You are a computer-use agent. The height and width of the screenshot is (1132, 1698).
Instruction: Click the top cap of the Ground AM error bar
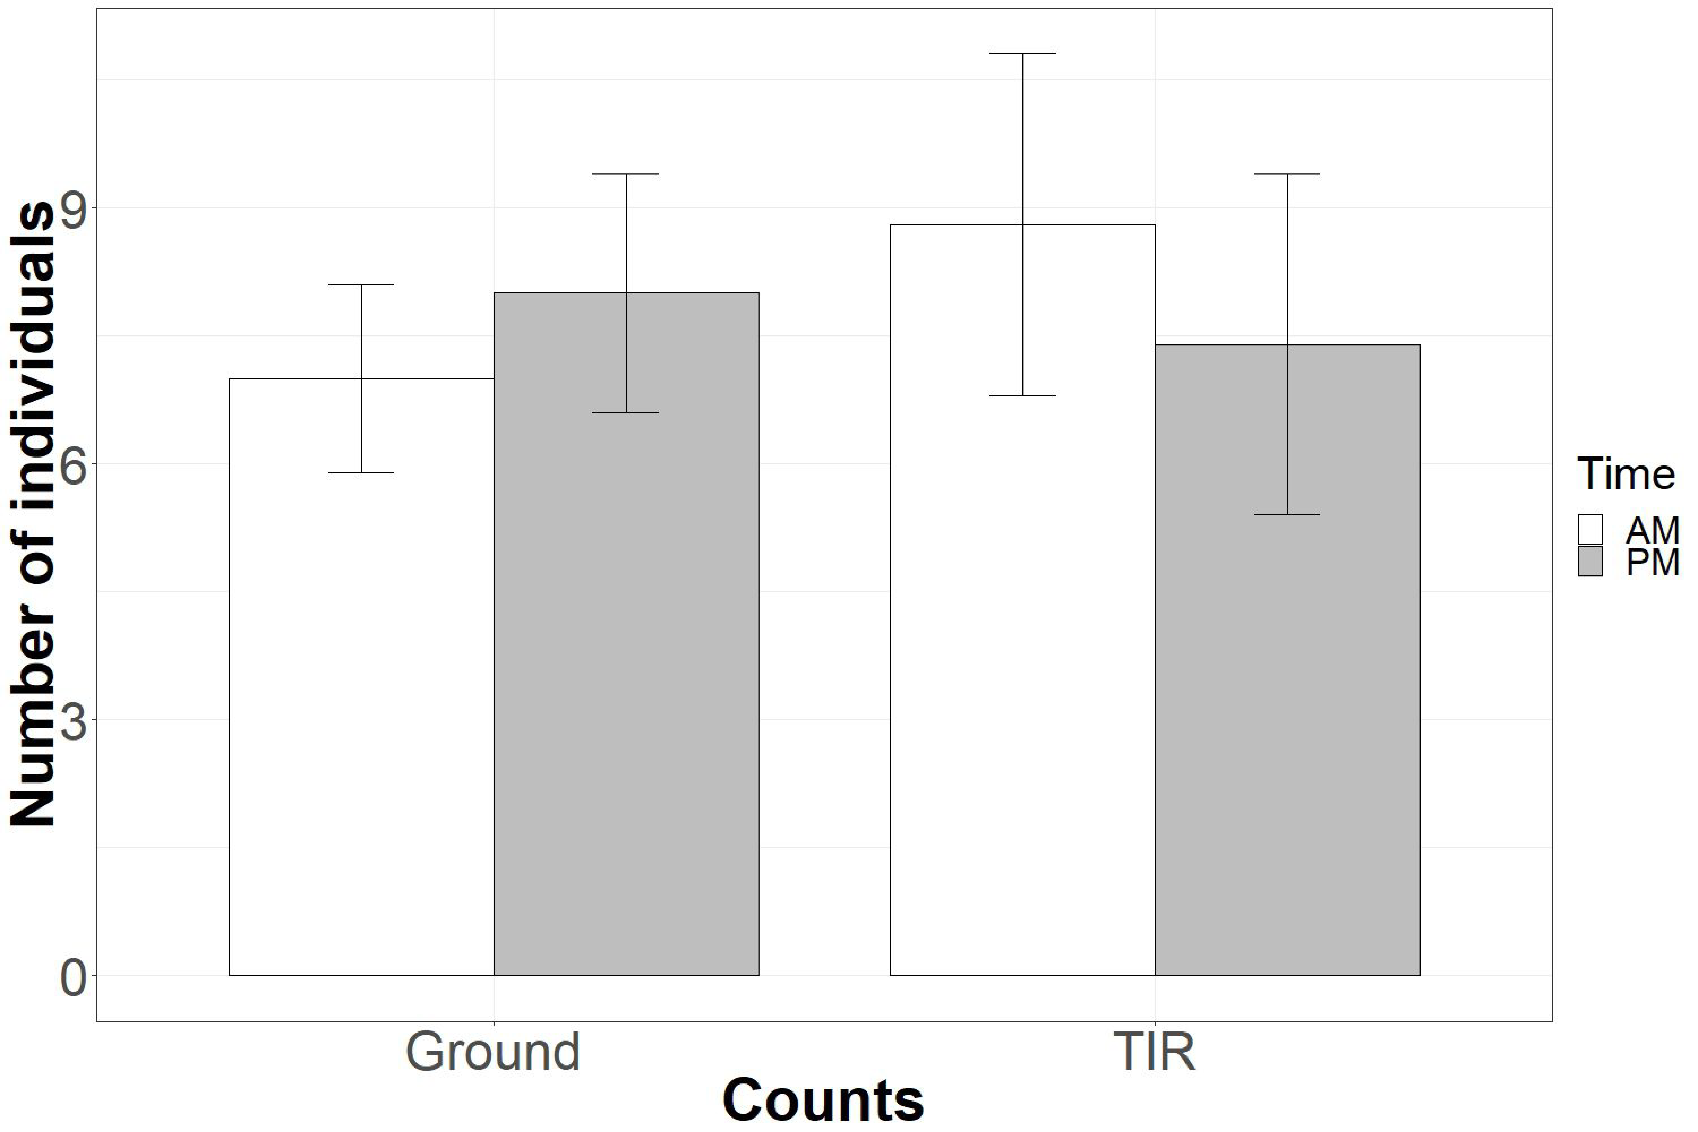pyautogui.click(x=361, y=285)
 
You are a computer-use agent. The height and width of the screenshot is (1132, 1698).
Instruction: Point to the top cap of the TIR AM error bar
pyautogui.click(x=1022, y=54)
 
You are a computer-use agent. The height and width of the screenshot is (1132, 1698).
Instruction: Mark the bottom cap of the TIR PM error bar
pyautogui.click(x=1287, y=515)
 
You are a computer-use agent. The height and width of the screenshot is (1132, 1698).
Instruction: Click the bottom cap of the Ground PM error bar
pyautogui.click(x=626, y=413)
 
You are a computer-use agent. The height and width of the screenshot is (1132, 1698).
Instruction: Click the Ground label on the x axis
pyautogui.click(x=493, y=1053)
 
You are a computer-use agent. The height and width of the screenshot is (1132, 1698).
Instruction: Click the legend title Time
pyautogui.click(x=1626, y=474)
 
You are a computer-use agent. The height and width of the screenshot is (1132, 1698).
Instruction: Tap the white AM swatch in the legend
pyautogui.click(x=1590, y=529)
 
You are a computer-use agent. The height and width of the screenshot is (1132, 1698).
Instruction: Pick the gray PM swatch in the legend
pyautogui.click(x=1590, y=561)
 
